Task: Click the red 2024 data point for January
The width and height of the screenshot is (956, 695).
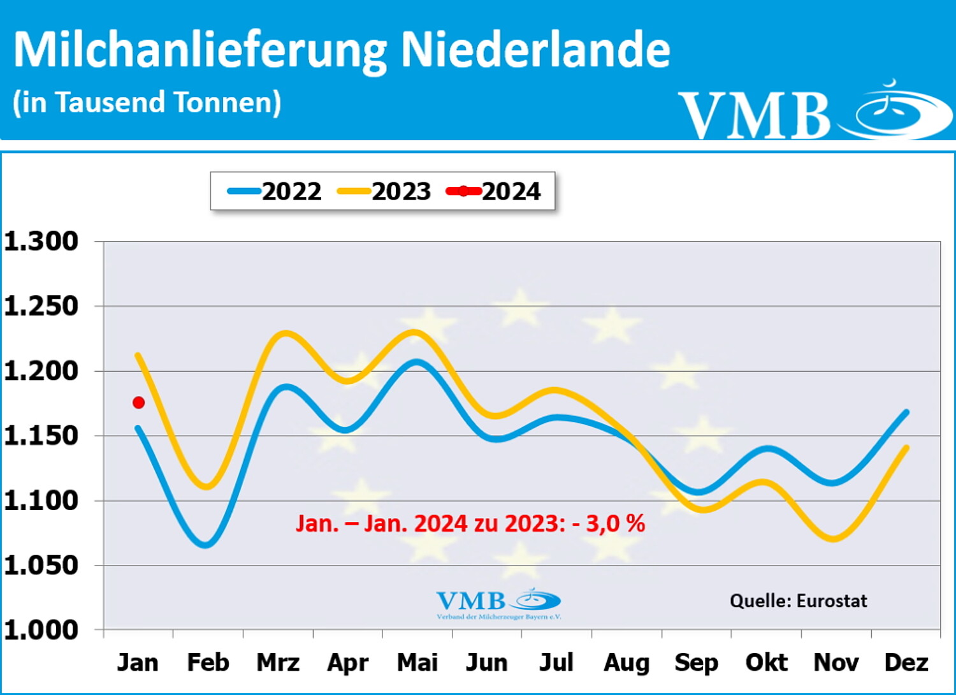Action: pyautogui.click(x=138, y=402)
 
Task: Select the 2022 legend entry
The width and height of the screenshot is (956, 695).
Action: pyautogui.click(x=275, y=191)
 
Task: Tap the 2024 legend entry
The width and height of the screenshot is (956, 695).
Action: pyautogui.click(x=494, y=191)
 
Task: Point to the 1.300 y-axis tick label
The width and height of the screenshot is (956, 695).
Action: pyautogui.click(x=41, y=241)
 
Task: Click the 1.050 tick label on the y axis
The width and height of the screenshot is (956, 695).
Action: pyautogui.click(x=41, y=565)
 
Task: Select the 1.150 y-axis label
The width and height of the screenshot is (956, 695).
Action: pyautogui.click(x=41, y=435)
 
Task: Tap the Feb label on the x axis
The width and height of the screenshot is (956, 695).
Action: pyautogui.click(x=208, y=662)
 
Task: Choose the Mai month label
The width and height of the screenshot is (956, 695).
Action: pyautogui.click(x=417, y=662)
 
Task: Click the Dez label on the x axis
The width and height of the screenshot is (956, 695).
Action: pyautogui.click(x=906, y=662)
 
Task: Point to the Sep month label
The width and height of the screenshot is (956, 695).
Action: pyautogui.click(x=696, y=663)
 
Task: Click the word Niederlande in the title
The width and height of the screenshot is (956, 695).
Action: pyautogui.click(x=535, y=50)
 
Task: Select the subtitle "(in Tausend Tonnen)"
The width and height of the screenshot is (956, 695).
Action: pyautogui.click(x=147, y=103)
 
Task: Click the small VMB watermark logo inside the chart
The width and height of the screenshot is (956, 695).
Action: pyautogui.click(x=498, y=603)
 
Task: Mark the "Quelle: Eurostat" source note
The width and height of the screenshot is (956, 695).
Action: pyautogui.click(x=799, y=601)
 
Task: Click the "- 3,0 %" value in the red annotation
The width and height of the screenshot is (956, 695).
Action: pyautogui.click(x=609, y=523)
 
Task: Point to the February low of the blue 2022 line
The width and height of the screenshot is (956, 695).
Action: pyautogui.click(x=206, y=545)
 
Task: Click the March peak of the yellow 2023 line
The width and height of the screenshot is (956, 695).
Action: pyautogui.click(x=285, y=333)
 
